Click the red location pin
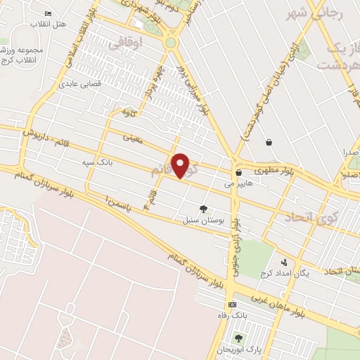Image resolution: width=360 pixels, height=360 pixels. (x=181, y=165)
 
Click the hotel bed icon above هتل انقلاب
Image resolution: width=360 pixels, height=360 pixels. (x=48, y=13)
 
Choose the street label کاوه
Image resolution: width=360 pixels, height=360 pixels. (x=128, y=111)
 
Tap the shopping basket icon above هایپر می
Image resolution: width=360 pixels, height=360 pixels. (x=239, y=172)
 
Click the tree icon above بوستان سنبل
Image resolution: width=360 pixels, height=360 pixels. (x=204, y=209)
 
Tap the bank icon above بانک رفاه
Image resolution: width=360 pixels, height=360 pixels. (x=233, y=304)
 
